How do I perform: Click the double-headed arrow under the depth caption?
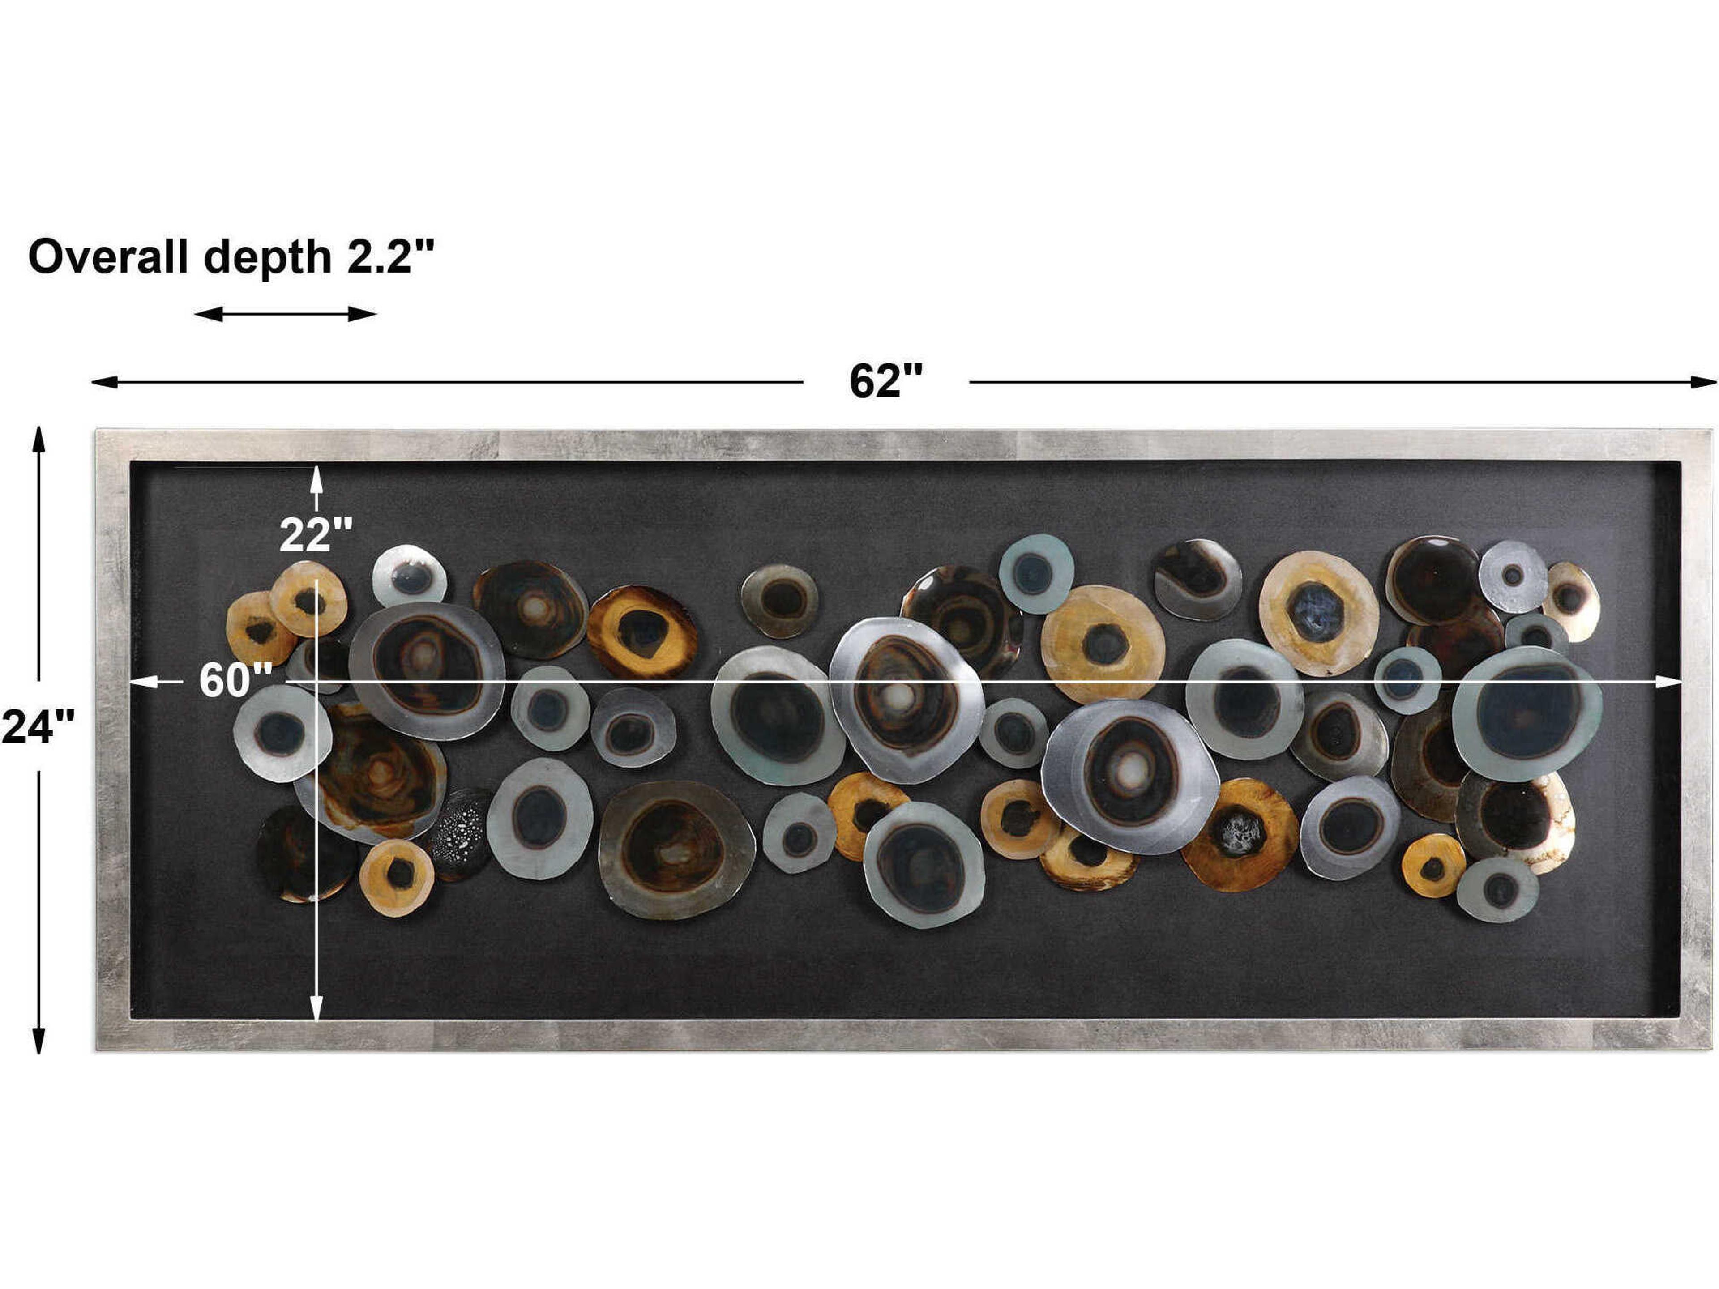tap(285, 314)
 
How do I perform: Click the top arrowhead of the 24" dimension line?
tap(38, 439)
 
